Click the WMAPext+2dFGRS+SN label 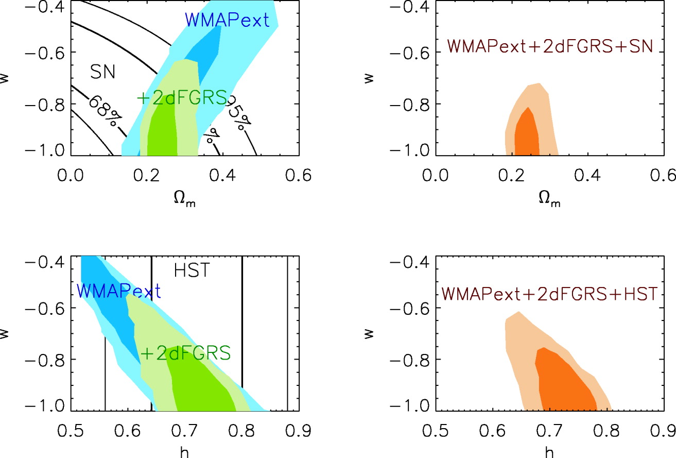coord(550,46)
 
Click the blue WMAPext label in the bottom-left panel coord(119,291)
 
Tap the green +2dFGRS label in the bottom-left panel coord(185,353)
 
